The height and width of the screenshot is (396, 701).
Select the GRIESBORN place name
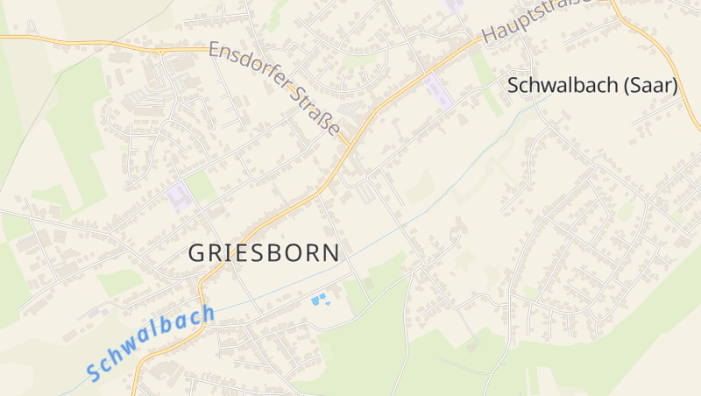[264, 253]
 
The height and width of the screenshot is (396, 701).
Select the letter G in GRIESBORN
[198, 253]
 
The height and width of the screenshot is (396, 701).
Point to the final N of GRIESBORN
[329, 253]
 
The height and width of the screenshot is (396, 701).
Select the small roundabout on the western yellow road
[161, 53]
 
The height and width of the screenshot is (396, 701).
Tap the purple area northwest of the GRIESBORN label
[180, 195]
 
